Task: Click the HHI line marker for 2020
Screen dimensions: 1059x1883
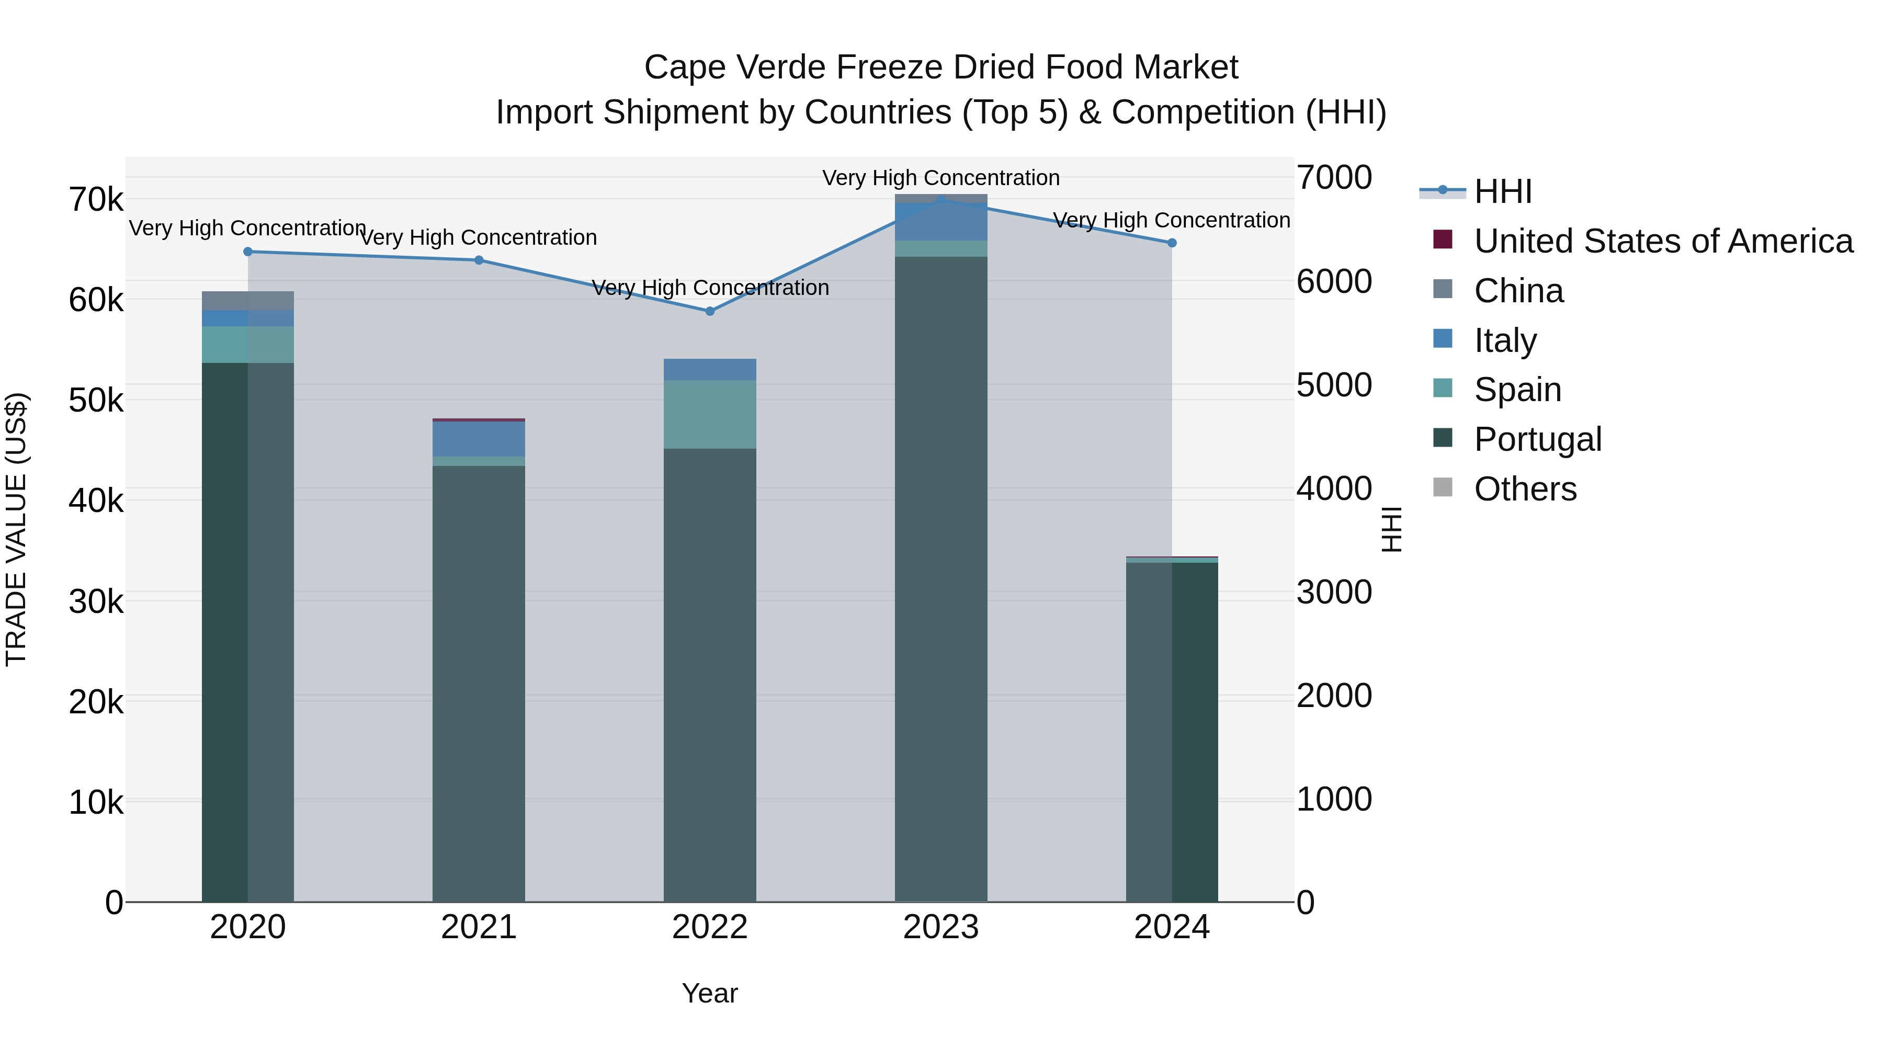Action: click(248, 252)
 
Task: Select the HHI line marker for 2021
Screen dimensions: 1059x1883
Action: click(479, 260)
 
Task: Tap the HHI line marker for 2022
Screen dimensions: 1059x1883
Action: click(710, 311)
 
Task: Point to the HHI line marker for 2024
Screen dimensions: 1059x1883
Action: click(1172, 243)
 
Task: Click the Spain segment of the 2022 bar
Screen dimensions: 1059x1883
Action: click(710, 414)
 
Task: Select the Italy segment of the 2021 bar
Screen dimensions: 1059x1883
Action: click(479, 439)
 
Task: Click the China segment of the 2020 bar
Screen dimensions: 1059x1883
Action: click(248, 300)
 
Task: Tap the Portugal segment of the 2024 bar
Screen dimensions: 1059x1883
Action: click(1172, 732)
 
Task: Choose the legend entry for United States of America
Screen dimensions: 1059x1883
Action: click(1663, 241)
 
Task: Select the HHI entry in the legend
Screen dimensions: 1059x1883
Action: click(1502, 191)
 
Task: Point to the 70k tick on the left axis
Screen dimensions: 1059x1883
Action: click(96, 200)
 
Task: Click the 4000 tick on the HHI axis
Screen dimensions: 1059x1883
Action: click(1334, 488)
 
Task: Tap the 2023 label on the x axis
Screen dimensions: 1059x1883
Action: click(941, 927)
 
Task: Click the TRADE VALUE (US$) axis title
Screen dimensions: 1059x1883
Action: click(16, 529)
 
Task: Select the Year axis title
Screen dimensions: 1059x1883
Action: click(710, 993)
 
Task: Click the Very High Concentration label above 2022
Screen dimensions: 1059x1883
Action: click(710, 288)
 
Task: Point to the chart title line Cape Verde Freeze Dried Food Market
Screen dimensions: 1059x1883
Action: click(941, 67)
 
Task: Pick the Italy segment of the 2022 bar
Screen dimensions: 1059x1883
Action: click(710, 369)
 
